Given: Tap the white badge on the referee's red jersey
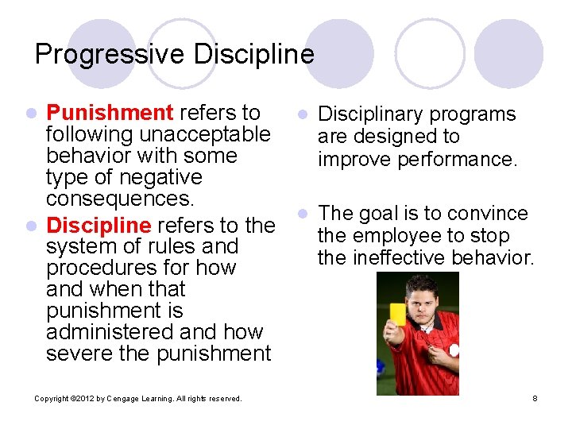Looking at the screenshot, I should [453, 350].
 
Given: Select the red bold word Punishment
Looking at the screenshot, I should [110, 114].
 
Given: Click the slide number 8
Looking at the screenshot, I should [535, 398].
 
